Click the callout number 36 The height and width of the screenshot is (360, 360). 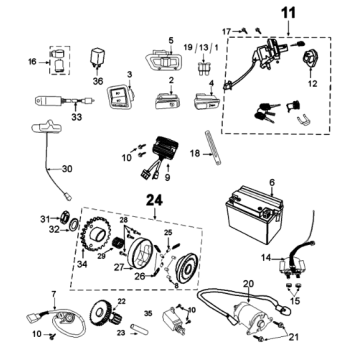pos(97,81)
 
